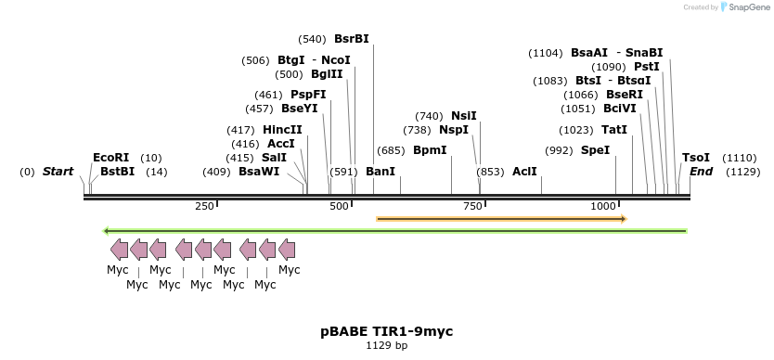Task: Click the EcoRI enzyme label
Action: (110, 158)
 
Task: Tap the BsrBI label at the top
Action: (352, 39)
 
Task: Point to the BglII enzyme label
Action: (327, 74)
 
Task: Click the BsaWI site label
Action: (259, 172)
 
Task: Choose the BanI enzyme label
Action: (381, 172)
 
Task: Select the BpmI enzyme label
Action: (430, 149)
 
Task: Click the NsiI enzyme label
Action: (464, 116)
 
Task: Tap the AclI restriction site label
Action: (524, 172)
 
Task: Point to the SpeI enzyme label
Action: (596, 149)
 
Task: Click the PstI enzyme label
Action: (647, 67)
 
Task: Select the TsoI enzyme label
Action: (696, 158)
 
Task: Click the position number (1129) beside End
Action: (743, 172)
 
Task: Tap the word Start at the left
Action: (58, 172)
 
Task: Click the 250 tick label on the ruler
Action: (204, 205)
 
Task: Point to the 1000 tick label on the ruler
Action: (603, 205)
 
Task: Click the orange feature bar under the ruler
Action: (501, 219)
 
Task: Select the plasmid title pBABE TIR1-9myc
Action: (387, 331)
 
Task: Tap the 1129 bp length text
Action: (387, 346)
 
